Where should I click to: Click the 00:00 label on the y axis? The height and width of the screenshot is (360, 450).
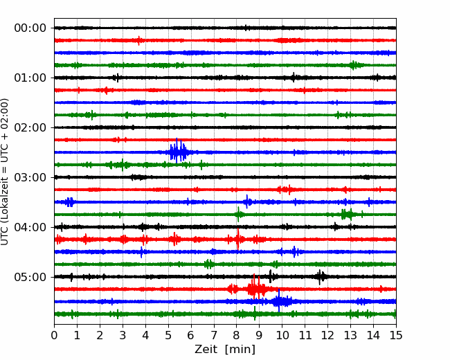(x=30, y=28)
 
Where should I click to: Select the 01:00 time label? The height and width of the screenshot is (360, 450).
(x=30, y=78)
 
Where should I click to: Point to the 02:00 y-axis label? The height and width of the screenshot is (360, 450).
(x=30, y=127)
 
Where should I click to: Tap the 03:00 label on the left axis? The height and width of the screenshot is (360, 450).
(x=30, y=177)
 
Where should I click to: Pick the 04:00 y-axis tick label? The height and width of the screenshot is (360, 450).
(x=30, y=227)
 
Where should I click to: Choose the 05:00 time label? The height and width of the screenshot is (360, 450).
(x=30, y=277)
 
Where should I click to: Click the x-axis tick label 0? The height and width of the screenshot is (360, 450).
(x=54, y=335)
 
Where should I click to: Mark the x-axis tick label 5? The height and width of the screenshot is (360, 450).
(x=168, y=335)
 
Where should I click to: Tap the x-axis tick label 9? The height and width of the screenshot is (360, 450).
(x=259, y=335)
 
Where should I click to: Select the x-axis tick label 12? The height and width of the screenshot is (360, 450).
(x=327, y=335)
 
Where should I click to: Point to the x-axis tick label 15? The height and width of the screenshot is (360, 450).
(x=396, y=335)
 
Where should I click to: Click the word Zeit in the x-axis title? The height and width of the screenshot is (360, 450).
(x=207, y=349)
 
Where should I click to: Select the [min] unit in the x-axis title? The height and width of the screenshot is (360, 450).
(x=240, y=350)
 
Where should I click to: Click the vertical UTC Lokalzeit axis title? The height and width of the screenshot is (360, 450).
(x=5, y=172)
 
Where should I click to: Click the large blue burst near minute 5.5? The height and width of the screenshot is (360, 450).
(x=178, y=152)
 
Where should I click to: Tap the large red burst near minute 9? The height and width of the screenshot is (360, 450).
(x=256, y=288)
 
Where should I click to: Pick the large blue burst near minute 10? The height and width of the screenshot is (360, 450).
(x=280, y=301)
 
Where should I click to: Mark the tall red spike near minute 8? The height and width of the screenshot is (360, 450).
(x=237, y=239)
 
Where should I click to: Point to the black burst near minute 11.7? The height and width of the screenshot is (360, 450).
(x=321, y=277)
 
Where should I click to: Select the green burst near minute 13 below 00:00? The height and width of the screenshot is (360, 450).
(x=354, y=65)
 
